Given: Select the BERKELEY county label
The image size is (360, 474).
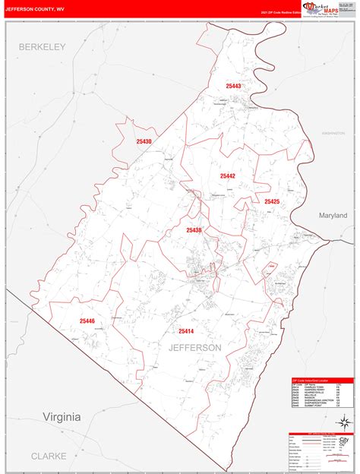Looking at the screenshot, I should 43,47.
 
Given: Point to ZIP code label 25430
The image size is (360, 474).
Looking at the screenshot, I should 144,142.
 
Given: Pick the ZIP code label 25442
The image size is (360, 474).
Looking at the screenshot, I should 228,176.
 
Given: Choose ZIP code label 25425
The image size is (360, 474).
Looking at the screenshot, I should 272,201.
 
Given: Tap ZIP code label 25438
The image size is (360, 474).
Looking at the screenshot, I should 194,229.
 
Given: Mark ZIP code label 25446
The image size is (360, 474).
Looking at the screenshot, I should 86,321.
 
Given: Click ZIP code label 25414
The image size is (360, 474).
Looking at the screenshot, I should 186,331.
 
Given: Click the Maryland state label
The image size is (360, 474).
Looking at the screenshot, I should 332,216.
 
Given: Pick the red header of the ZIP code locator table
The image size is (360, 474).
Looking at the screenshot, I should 323,381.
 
